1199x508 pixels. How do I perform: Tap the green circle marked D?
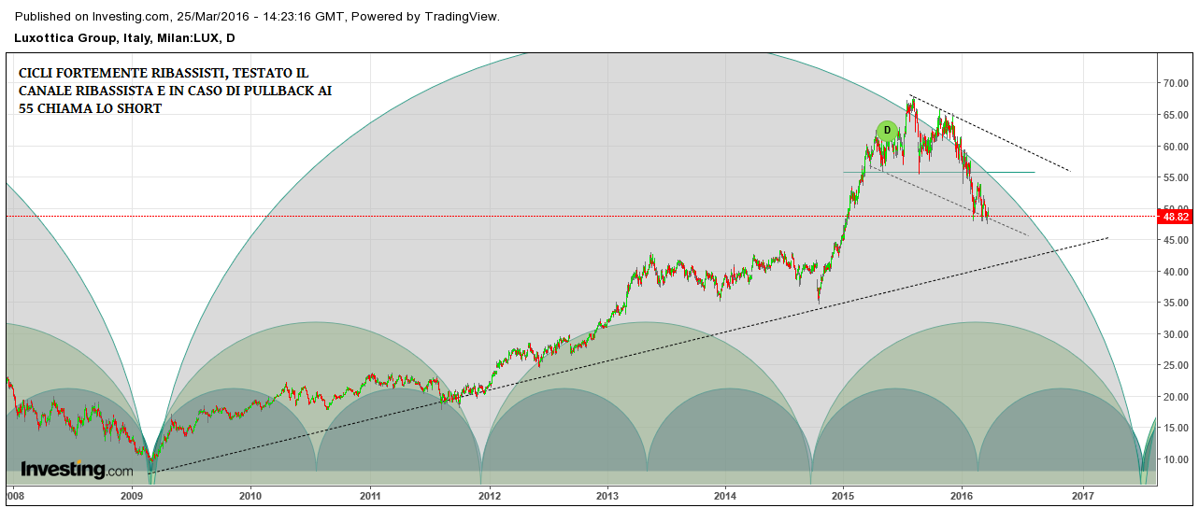[887, 131]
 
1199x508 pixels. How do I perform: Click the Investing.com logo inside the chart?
[77, 469]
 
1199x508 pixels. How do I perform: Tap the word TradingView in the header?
[461, 16]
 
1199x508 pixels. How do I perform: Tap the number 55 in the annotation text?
[28, 108]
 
